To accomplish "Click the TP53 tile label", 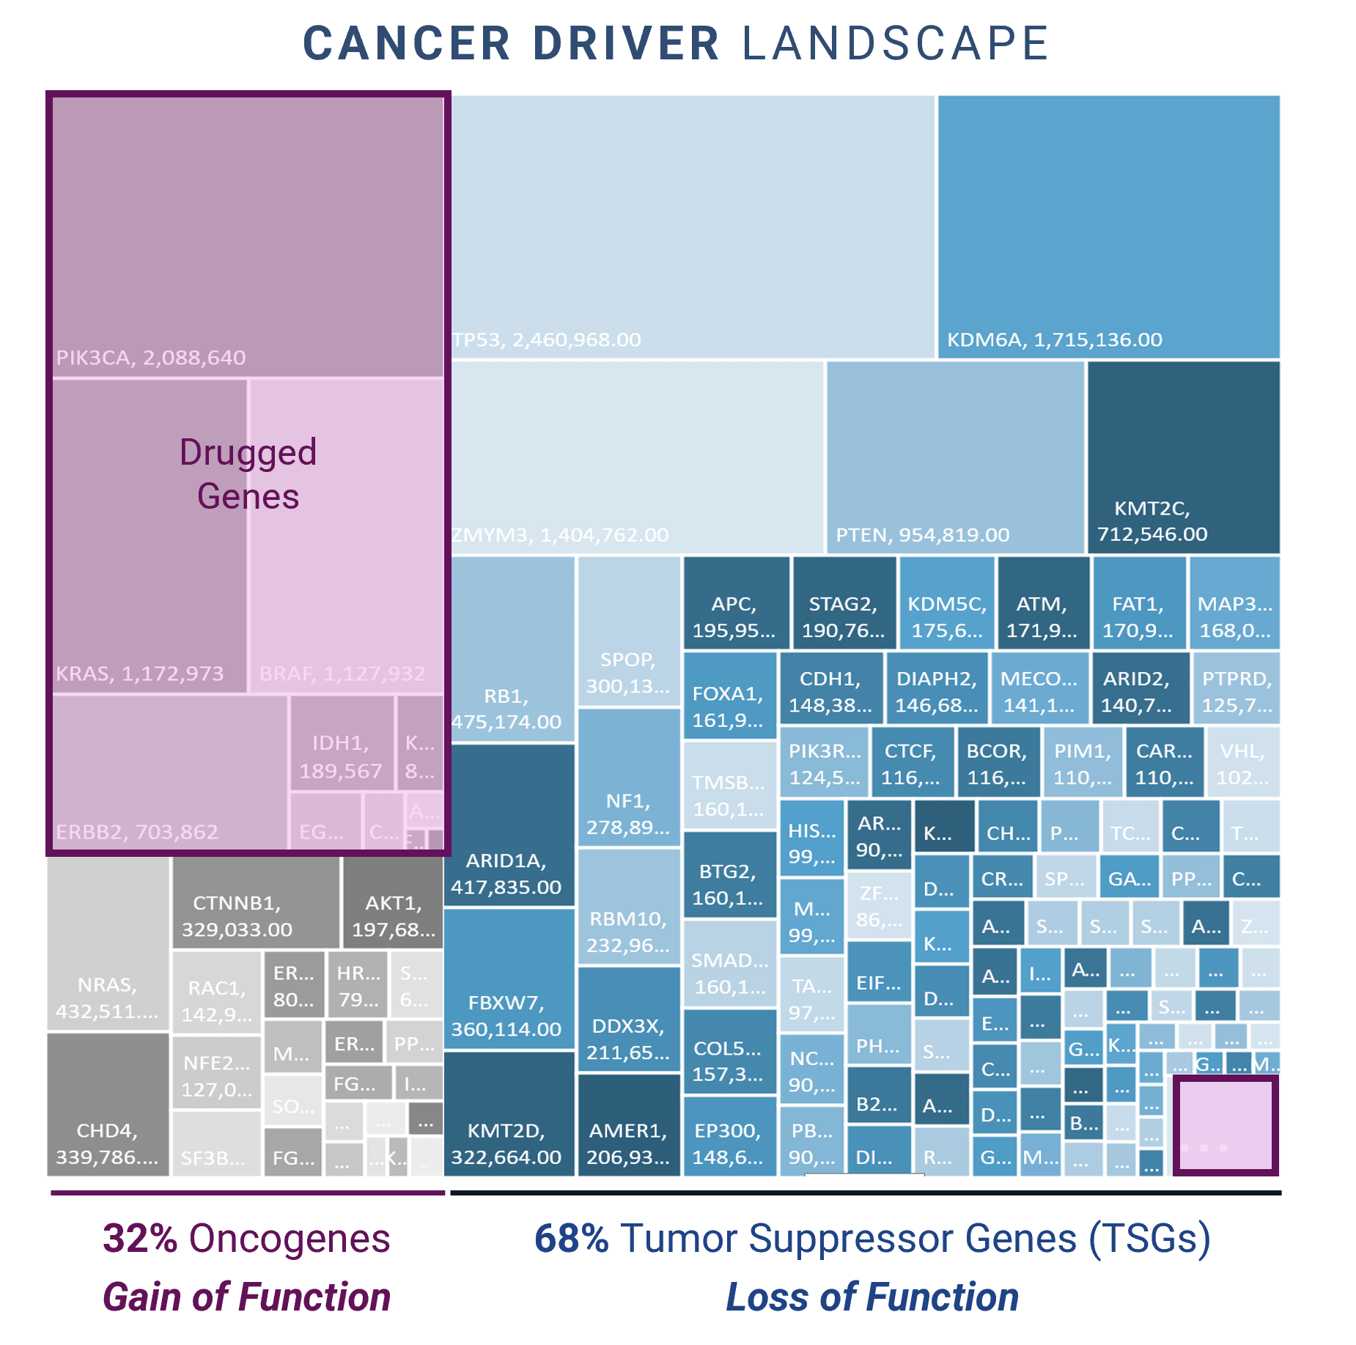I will (x=546, y=340).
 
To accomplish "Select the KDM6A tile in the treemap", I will (x=1108, y=226).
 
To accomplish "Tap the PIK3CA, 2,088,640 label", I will (x=151, y=358).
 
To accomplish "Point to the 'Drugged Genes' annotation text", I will (x=248, y=474).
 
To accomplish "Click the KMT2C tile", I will (x=1183, y=457).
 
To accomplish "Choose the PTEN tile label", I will (x=922, y=535).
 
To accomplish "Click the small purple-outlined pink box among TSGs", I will (x=1226, y=1125).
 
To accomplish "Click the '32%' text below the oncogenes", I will (x=139, y=1239).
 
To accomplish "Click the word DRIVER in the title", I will (x=626, y=44).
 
